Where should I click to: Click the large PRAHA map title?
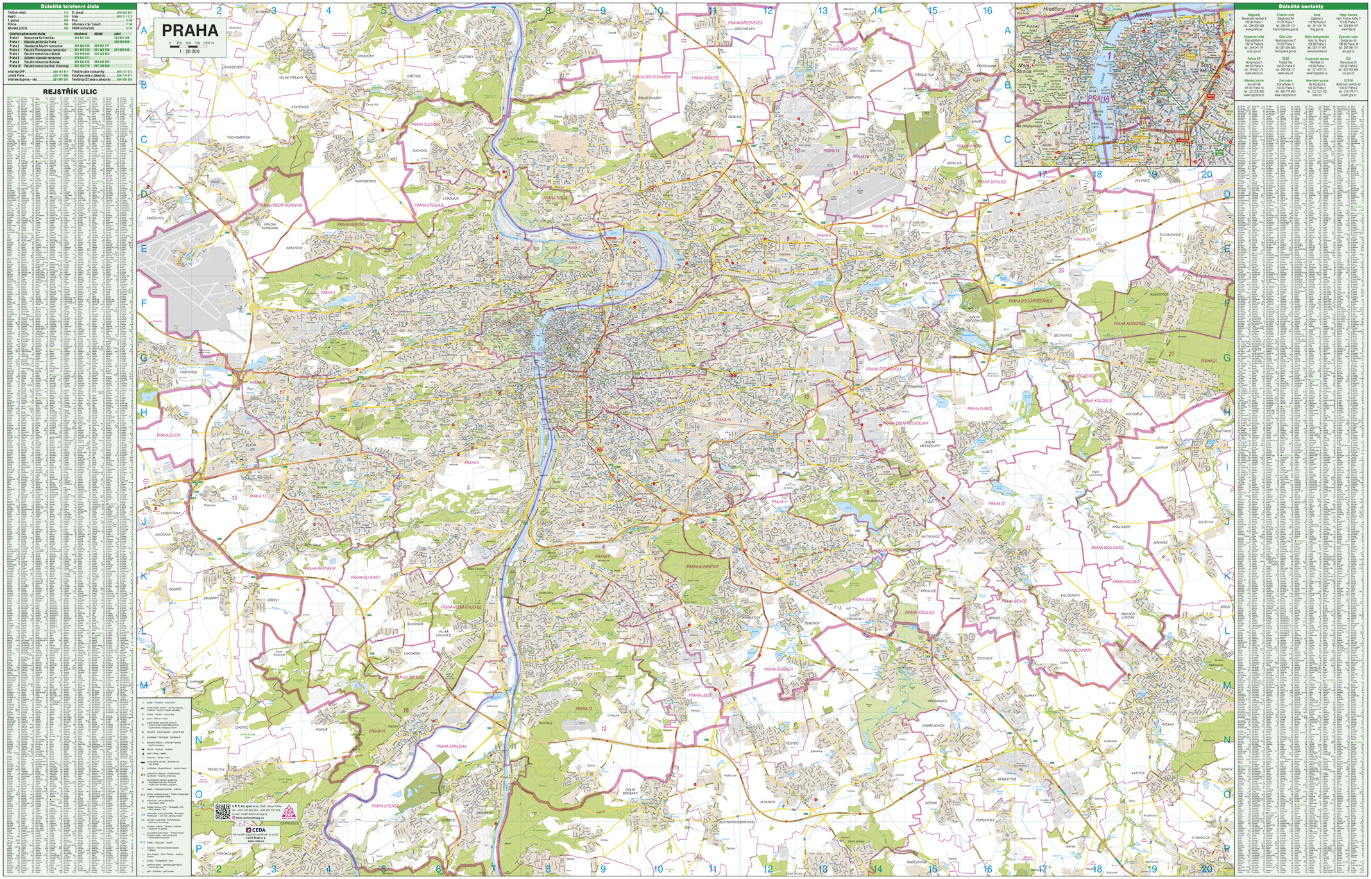click(190, 30)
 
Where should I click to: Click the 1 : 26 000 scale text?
click(190, 51)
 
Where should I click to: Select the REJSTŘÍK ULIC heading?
click(70, 92)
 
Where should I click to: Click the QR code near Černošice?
click(223, 812)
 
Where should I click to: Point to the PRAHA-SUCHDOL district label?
click(426, 124)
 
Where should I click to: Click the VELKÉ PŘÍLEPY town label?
click(291, 77)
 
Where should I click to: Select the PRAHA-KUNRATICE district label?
click(703, 567)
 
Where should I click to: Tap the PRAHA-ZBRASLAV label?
click(452, 746)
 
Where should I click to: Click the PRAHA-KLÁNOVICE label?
click(1129, 324)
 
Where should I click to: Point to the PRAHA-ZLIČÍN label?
click(169, 435)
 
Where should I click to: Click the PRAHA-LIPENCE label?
click(385, 805)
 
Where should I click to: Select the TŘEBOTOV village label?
click(216, 769)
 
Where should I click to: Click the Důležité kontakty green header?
click(1300, 6)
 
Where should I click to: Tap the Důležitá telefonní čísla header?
click(70, 6)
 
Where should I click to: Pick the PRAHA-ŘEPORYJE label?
click(320, 568)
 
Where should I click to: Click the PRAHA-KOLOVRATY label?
click(1075, 650)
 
